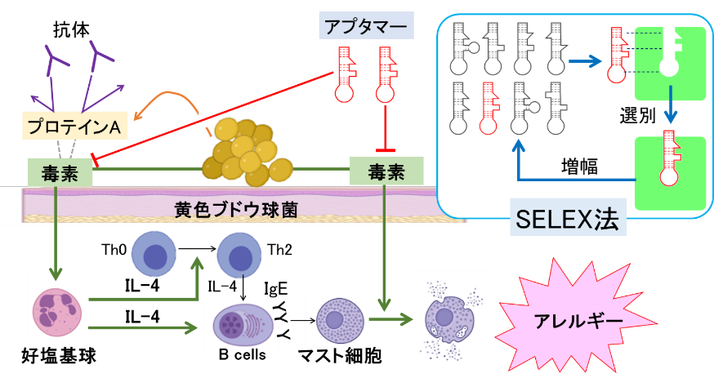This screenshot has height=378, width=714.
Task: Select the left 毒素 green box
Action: (55, 173)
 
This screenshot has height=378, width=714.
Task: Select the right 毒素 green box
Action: (386, 171)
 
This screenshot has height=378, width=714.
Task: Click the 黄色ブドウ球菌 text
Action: (236, 210)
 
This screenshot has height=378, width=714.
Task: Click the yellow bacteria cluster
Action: (246, 153)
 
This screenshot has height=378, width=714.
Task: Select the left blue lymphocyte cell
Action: (154, 254)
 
